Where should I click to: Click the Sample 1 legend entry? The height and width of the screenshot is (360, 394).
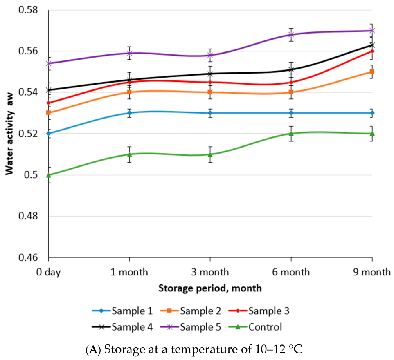pyautogui.click(x=122, y=311)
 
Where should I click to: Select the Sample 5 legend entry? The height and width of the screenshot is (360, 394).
pyautogui.click(x=191, y=327)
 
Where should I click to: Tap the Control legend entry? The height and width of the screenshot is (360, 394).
pyautogui.click(x=255, y=327)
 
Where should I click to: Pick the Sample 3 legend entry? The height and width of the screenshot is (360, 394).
pyautogui.click(x=259, y=311)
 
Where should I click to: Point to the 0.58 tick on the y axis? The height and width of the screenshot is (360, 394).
pyautogui.click(x=28, y=10)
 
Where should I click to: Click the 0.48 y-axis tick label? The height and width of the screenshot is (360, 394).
pyautogui.click(x=28, y=216)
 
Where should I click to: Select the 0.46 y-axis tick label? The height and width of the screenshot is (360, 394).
pyautogui.click(x=28, y=257)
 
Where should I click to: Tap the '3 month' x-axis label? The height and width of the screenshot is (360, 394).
pyautogui.click(x=210, y=272)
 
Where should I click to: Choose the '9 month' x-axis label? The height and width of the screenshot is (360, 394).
pyautogui.click(x=372, y=272)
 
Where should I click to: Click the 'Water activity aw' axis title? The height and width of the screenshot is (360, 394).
pyautogui.click(x=9, y=134)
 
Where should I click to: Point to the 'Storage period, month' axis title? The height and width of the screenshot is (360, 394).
pyautogui.click(x=210, y=288)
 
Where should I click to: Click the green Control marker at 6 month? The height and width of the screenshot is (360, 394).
pyautogui.click(x=291, y=134)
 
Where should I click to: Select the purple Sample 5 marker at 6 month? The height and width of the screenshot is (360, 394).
pyautogui.click(x=291, y=34)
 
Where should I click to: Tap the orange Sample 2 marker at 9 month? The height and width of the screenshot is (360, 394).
pyautogui.click(x=372, y=72)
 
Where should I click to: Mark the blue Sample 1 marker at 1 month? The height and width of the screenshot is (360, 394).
pyautogui.click(x=129, y=113)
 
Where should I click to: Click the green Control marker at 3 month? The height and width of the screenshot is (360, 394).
pyautogui.click(x=210, y=154)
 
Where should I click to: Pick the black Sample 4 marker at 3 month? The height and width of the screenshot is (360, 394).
pyautogui.click(x=210, y=74)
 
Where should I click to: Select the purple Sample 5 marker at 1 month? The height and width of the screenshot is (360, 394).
pyautogui.click(x=129, y=53)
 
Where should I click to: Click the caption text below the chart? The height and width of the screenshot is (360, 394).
pyautogui.click(x=194, y=349)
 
